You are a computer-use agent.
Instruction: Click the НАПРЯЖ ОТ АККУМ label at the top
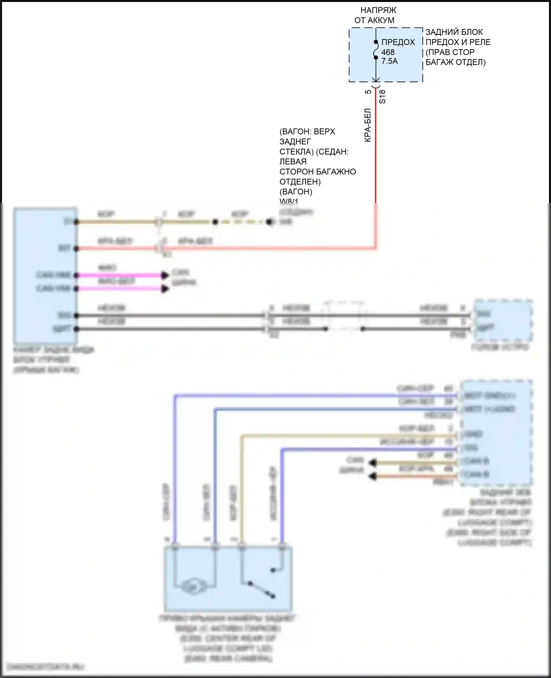pyautogui.click(x=376, y=15)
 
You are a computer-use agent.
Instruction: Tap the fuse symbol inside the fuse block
pyautogui.click(x=376, y=50)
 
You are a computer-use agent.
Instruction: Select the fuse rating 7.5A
pyautogui.click(x=389, y=61)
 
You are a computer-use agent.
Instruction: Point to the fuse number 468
pyautogui.click(x=388, y=52)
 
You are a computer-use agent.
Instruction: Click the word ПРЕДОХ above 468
pyautogui.click(x=398, y=42)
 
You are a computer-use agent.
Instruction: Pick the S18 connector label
pyautogui.click(x=382, y=97)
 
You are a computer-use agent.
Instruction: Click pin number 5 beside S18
pyautogui.click(x=368, y=92)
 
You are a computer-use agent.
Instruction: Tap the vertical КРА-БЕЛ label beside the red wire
pyautogui.click(x=368, y=125)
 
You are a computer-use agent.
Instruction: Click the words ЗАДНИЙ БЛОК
pyautogui.click(x=454, y=32)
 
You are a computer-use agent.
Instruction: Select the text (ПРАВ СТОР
pyautogui.click(x=450, y=52)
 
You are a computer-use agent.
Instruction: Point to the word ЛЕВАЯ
pyautogui.click(x=293, y=162)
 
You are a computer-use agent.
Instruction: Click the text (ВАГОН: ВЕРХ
pyautogui.click(x=307, y=131)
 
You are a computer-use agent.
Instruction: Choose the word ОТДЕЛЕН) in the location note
pyautogui.click(x=300, y=182)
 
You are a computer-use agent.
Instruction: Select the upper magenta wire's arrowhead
pyautogui.click(x=165, y=275)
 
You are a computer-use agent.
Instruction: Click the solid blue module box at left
pyautogui.click(x=45, y=275)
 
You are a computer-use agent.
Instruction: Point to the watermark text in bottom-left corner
pyautogui.click(x=46, y=667)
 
